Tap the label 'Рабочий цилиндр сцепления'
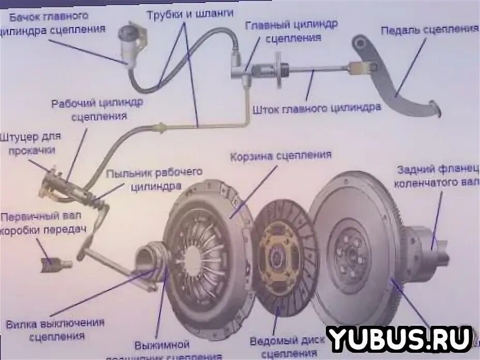[x=97, y=109]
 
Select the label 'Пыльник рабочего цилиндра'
[x=154, y=179]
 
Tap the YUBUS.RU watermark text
[x=398, y=339]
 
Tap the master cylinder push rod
[x=316, y=69]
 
